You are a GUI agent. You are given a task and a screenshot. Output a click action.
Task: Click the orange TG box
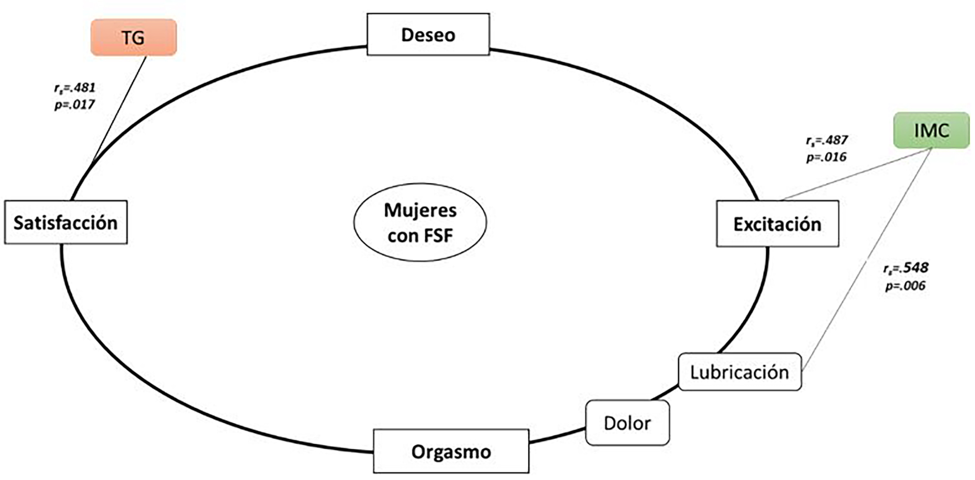tap(133, 37)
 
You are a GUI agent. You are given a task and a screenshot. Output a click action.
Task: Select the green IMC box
tap(931, 130)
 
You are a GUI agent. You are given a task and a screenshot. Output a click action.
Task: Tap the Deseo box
tap(428, 34)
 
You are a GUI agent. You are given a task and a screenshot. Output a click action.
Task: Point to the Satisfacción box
tap(66, 222)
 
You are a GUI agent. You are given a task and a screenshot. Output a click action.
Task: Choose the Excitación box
tap(777, 223)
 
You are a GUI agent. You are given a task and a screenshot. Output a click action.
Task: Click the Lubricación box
tap(740, 372)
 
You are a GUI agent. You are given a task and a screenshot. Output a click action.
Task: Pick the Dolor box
tap(627, 423)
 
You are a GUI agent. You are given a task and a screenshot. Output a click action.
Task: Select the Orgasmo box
tap(451, 451)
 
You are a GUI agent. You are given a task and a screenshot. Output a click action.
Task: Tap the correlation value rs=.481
tap(75, 88)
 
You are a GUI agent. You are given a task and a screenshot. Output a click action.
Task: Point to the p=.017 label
tap(74, 105)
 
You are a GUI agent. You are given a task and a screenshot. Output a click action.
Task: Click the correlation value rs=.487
tap(827, 140)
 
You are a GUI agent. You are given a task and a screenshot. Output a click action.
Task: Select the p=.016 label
tap(826, 157)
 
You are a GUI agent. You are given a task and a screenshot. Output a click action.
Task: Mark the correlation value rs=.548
tap(906, 268)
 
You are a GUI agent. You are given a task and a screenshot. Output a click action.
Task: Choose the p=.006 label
tap(905, 285)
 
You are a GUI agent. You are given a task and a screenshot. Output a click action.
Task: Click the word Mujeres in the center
tap(420, 210)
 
